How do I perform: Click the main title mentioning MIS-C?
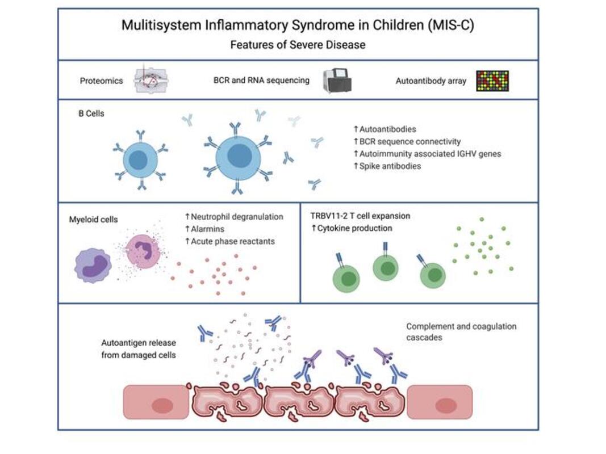(298, 26)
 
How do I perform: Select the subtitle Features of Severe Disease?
(298, 44)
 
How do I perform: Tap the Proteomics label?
(101, 81)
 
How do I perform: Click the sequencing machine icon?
(337, 81)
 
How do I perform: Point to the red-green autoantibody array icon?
(492, 81)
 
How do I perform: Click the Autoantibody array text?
(431, 81)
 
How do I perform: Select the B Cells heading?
(91, 113)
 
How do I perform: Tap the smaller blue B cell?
(140, 160)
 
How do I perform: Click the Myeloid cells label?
(93, 219)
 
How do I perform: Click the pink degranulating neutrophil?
(143, 251)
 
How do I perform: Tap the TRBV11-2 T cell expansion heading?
(360, 216)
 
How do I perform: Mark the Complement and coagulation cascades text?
(461, 331)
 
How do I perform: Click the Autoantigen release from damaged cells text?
(139, 349)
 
